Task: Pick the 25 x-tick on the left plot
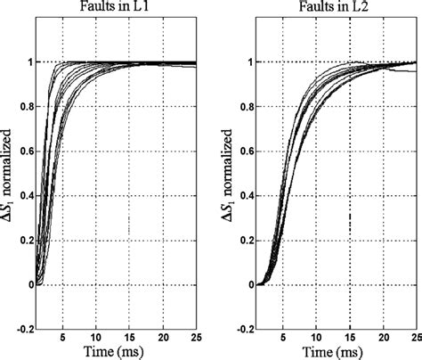point(192,339)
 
